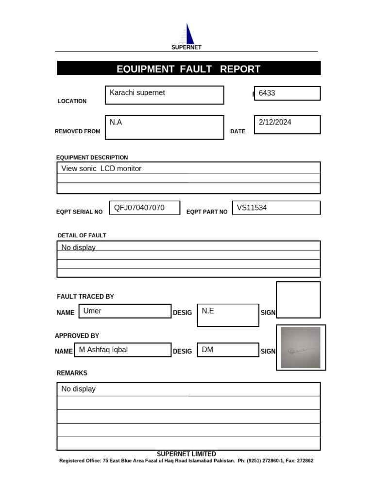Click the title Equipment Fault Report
(188, 69)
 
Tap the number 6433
(267, 93)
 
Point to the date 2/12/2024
(275, 123)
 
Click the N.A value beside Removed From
(116, 123)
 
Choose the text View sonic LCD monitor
(102, 169)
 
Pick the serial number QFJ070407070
(139, 208)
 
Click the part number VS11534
(252, 208)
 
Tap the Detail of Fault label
(82, 235)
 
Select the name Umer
(92, 311)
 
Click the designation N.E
(208, 311)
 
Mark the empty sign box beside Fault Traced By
(298, 300)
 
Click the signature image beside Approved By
(301, 348)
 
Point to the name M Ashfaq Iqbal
(103, 350)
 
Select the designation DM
(207, 350)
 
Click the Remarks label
(72, 373)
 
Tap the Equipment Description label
(92, 158)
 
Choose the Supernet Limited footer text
(186, 454)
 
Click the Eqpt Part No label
(207, 212)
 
